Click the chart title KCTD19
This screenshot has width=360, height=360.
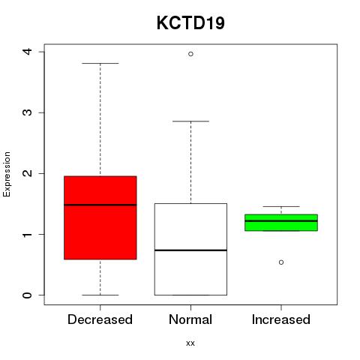(190, 23)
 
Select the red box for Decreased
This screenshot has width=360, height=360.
(100, 217)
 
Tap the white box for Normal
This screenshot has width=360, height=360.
(190, 249)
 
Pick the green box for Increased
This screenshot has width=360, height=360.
(281, 223)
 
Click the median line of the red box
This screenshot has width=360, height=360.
(100, 205)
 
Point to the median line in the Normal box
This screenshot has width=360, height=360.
(190, 250)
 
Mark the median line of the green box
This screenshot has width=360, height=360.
(281, 221)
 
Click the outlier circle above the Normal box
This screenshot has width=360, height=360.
(190, 54)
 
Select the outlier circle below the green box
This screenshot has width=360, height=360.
(281, 262)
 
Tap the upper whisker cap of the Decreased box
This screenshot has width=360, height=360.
(100, 64)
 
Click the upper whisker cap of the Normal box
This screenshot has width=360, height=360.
(190, 121)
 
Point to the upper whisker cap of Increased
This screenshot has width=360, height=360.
(281, 206)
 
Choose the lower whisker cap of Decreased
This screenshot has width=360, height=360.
(100, 295)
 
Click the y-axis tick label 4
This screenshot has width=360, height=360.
(28, 52)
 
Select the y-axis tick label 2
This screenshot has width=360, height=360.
(28, 173)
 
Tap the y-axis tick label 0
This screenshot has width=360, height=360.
(28, 295)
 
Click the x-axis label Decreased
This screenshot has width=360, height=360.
(100, 319)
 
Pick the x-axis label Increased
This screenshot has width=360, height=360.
(281, 319)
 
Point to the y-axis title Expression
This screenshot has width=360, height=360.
(7, 174)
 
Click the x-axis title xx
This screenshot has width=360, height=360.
(190, 343)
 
